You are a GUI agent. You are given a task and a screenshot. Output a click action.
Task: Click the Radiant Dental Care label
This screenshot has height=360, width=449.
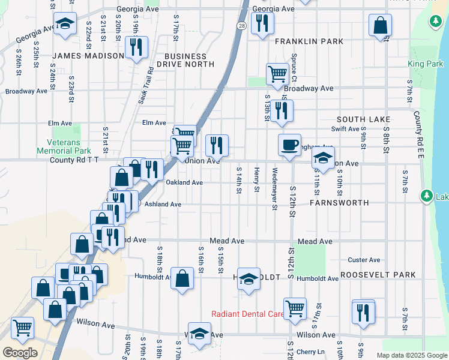[x=248, y=314]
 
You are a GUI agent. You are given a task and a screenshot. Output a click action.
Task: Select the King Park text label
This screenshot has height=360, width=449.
[x=424, y=64]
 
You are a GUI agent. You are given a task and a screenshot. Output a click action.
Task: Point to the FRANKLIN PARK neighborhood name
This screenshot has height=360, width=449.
[x=309, y=41]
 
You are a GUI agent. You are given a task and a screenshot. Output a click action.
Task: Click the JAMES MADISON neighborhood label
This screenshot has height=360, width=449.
[x=88, y=56]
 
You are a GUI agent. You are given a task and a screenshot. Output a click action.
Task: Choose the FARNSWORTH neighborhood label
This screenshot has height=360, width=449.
[x=339, y=203]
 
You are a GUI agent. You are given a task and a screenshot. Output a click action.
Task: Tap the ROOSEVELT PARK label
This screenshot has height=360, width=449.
[x=378, y=275]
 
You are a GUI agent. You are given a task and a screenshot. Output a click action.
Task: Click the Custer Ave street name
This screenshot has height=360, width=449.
[x=364, y=260]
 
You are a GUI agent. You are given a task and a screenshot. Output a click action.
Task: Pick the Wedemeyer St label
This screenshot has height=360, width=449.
[x=275, y=189]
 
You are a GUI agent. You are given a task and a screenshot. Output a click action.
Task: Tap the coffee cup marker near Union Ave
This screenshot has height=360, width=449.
[x=289, y=145]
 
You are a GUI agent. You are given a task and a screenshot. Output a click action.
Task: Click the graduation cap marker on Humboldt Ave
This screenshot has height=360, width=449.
[x=248, y=278]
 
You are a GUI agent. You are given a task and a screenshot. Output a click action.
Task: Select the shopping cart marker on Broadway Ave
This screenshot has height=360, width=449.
[x=277, y=74]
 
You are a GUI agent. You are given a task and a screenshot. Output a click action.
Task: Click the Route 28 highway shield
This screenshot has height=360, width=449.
[x=241, y=26]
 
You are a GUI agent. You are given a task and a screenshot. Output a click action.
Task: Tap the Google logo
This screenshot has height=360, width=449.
[x=20, y=352]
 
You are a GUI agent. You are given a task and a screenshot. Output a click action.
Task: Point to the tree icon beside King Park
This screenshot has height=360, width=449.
[x=435, y=23]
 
